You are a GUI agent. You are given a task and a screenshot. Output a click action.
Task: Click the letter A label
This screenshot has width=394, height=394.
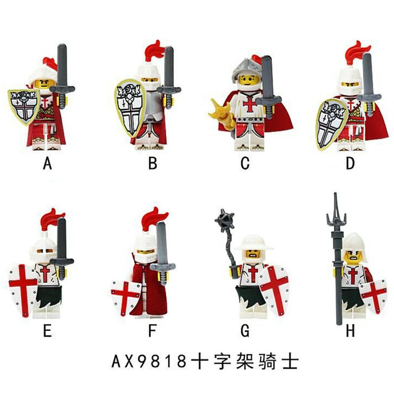47,164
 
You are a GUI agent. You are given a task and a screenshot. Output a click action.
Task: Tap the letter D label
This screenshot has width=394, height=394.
350,164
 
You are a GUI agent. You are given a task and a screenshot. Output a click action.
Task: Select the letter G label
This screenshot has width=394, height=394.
245,330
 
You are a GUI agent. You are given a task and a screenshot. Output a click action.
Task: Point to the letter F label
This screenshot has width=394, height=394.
152,330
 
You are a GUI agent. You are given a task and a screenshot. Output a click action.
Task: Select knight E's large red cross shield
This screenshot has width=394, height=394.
23,290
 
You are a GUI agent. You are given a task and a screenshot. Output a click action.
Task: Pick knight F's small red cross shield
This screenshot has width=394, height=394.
126,298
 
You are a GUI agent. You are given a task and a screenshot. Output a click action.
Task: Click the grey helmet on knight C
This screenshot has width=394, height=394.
245,68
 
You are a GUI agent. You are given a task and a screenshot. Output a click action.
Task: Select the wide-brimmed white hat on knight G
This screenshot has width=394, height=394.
254,242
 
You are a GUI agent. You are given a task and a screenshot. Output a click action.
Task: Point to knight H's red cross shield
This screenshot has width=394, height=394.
374,296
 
